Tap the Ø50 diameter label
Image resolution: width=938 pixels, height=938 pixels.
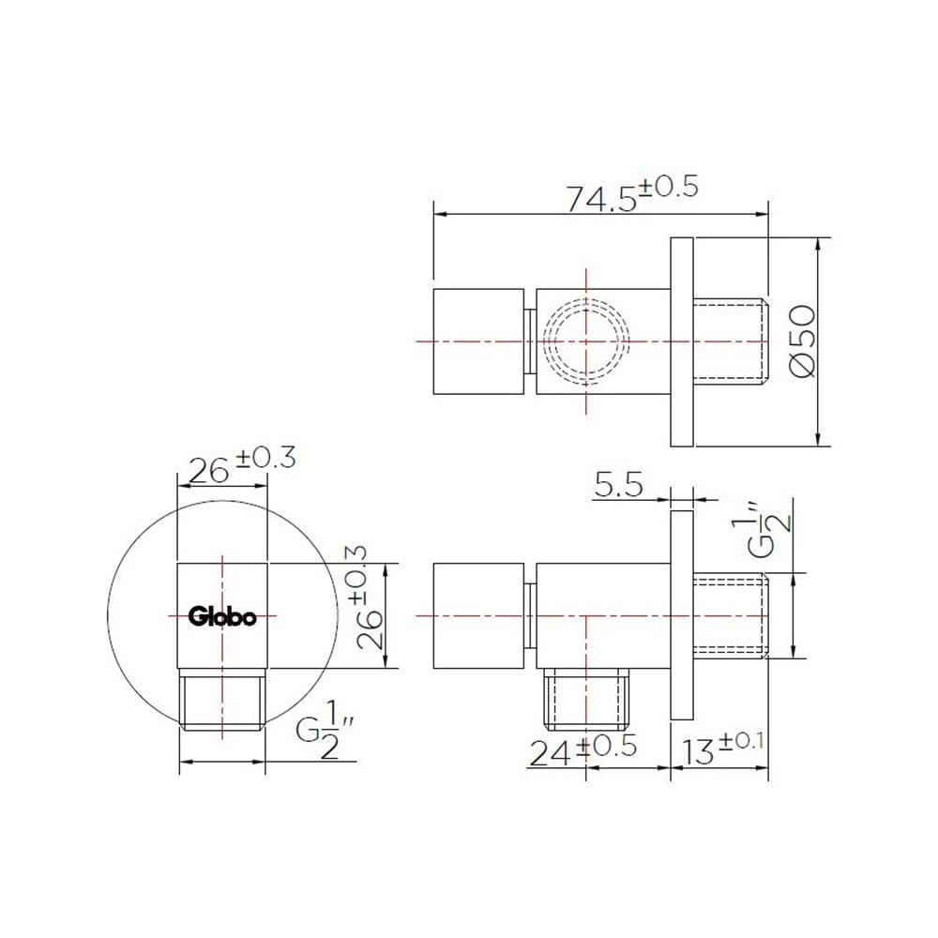[x=803, y=341]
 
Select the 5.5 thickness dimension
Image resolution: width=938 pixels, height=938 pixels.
[x=618, y=485]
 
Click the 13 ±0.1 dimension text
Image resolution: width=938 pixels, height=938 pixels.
[x=722, y=749]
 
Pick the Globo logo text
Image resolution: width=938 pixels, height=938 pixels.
[x=222, y=616]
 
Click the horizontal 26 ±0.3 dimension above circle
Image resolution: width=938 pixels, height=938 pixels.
[x=242, y=465]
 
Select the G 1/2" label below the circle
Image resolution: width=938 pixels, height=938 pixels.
[x=325, y=737]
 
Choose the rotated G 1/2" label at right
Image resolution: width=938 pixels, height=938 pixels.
[x=761, y=529]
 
